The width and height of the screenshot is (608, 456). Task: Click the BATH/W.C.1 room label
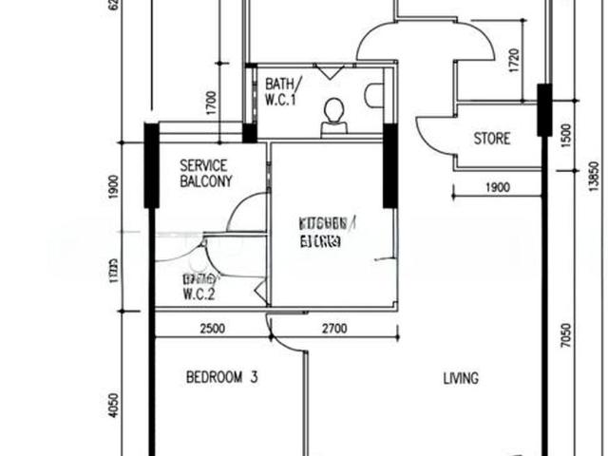(x=284, y=90)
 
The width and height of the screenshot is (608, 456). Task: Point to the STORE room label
(x=491, y=139)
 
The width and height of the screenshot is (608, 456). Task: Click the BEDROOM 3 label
(x=221, y=377)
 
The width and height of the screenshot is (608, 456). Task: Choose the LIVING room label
(x=461, y=378)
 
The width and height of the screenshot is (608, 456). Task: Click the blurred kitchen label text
(x=327, y=232)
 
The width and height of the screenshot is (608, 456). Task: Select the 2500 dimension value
(x=212, y=330)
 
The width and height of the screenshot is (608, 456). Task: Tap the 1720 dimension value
(x=514, y=62)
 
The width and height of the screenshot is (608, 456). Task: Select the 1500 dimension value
(x=566, y=135)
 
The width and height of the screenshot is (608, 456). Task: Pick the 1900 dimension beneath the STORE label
(x=498, y=188)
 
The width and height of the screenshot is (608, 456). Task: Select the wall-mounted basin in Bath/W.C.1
(x=374, y=95)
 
